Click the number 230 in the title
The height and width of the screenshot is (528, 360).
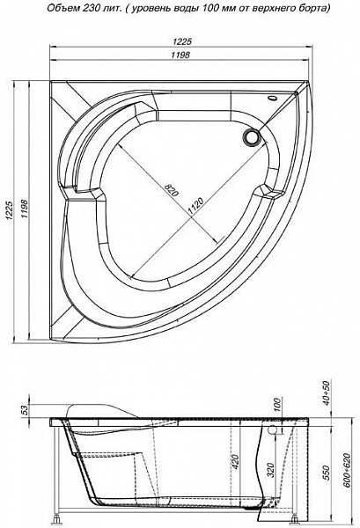[89, 9]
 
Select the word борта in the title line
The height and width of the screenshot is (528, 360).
[315, 9]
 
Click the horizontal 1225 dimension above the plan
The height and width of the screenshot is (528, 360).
[182, 41]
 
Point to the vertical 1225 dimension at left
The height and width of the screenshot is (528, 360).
[10, 211]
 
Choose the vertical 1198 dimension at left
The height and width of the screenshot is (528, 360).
[25, 211]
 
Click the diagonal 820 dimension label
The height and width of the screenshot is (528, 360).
[171, 191]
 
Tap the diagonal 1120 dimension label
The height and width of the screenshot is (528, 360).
[195, 206]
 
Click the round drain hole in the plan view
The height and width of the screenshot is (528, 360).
[252, 137]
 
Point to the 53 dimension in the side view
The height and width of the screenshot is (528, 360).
[25, 410]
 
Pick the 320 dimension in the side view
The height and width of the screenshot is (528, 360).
[271, 470]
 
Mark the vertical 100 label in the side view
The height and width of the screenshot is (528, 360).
[277, 405]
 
